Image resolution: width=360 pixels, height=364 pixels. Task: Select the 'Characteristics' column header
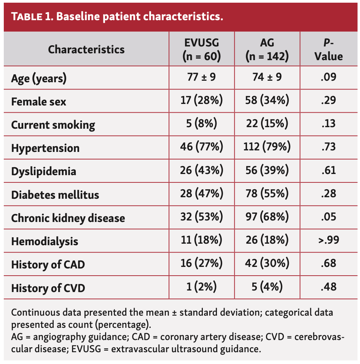[x=86, y=49]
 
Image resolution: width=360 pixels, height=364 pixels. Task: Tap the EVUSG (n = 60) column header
[x=201, y=49]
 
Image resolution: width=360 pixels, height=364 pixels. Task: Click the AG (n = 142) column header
[x=267, y=49]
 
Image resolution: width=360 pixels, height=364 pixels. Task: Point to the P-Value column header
[x=328, y=49]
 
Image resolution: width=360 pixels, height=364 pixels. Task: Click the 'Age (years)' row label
[x=39, y=79]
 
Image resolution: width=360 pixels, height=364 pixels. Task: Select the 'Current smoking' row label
[x=53, y=125]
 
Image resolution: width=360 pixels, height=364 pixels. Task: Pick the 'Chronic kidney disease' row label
[x=68, y=218]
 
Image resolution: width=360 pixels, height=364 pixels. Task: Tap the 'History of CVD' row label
[x=48, y=288]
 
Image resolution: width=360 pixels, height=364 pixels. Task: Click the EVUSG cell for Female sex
[x=201, y=102]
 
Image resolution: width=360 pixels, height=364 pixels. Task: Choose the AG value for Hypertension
[x=267, y=148]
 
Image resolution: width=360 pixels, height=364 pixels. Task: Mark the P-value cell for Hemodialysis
[x=328, y=241]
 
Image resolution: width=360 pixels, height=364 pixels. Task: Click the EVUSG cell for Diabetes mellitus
[x=201, y=194]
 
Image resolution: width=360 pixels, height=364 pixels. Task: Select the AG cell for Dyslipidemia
[x=267, y=171]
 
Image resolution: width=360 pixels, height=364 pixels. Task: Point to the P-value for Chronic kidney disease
[x=328, y=218]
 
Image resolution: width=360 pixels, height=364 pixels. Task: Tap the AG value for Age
[x=267, y=78]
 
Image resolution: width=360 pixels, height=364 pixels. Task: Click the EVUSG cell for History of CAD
[x=201, y=264]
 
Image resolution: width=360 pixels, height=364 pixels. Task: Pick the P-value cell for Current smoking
[x=328, y=125]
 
